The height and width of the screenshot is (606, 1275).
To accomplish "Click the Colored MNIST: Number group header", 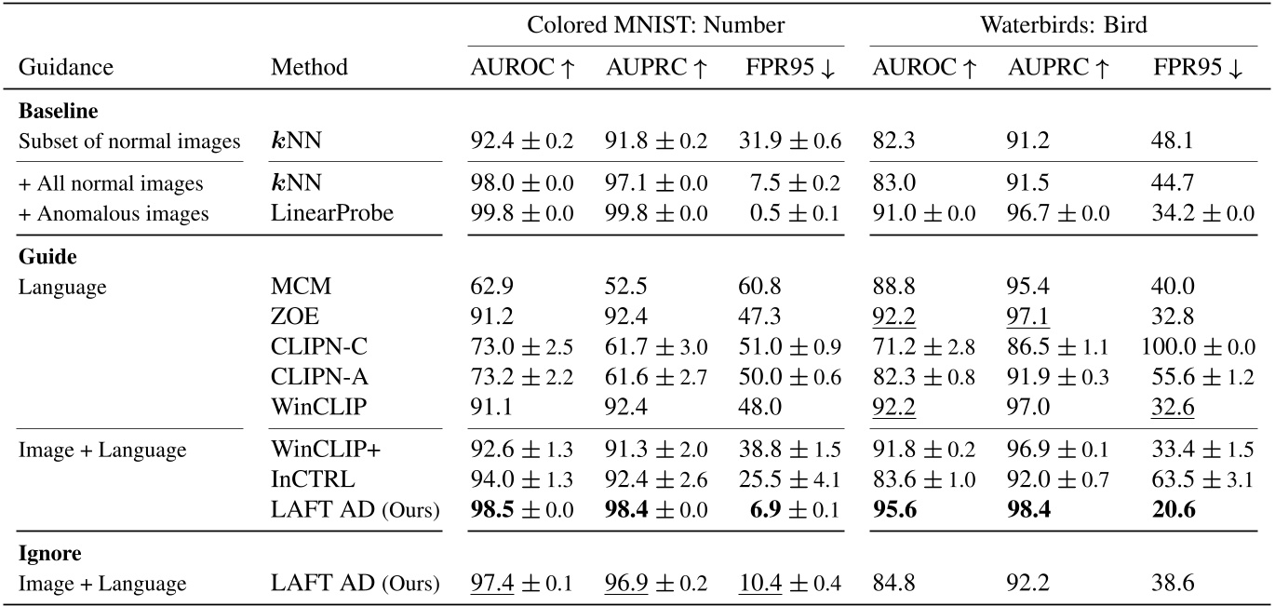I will (x=656, y=25).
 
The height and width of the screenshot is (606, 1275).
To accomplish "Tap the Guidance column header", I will (x=66, y=67).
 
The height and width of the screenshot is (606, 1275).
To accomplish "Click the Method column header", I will (x=310, y=67).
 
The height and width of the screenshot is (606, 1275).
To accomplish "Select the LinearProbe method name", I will (x=332, y=213).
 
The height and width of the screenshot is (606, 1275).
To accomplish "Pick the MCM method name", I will (x=293, y=287).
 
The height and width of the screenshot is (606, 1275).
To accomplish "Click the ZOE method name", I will (x=289, y=315).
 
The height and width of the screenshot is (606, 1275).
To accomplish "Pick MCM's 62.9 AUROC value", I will (x=489, y=287).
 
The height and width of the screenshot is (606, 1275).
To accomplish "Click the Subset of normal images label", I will (x=129, y=142).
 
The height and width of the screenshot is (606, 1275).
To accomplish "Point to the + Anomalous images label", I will (x=114, y=213).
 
